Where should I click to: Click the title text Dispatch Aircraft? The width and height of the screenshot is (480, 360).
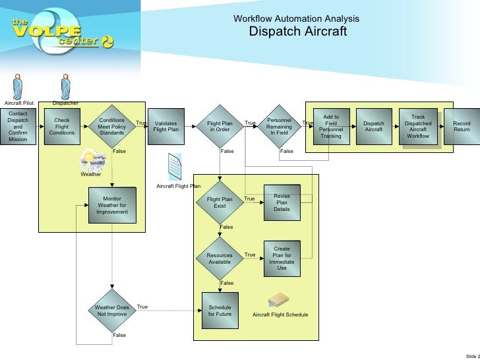click(297, 32)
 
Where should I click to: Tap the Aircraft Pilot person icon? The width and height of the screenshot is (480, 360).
click(18, 86)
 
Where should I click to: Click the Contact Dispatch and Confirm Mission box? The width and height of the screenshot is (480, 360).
click(18, 127)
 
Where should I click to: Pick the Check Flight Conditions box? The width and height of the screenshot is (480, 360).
click(62, 127)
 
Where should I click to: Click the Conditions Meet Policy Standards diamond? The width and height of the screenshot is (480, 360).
click(111, 127)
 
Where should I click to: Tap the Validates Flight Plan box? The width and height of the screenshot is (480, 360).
click(165, 127)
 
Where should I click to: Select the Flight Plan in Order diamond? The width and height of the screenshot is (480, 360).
click(220, 127)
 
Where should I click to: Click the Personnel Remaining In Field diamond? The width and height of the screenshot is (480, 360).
click(279, 127)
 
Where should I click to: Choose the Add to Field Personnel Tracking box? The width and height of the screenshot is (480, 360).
click(331, 127)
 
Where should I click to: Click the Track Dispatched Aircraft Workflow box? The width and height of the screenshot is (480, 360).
click(418, 127)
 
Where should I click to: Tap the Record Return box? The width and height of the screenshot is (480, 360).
click(462, 127)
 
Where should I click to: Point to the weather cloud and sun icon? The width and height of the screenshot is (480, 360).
click(92, 162)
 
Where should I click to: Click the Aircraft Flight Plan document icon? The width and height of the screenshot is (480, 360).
click(175, 167)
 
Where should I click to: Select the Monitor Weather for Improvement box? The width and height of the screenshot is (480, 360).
click(111, 205)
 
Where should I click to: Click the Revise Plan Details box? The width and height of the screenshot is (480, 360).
click(282, 202)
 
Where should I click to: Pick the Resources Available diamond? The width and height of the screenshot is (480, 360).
click(220, 258)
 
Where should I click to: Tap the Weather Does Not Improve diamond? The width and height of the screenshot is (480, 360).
click(111, 311)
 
